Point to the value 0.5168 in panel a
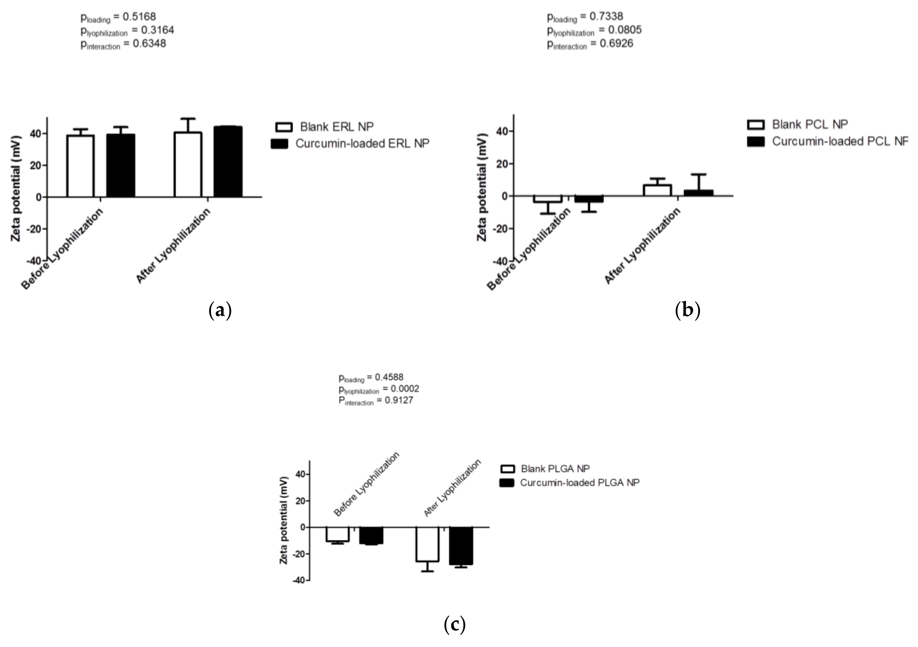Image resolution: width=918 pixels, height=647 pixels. [x=139, y=17]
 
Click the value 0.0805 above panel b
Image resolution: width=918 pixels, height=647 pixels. [x=625, y=30]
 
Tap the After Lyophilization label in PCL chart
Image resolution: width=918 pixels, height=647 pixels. [x=642, y=246]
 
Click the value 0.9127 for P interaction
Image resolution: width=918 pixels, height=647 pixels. [x=399, y=400]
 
